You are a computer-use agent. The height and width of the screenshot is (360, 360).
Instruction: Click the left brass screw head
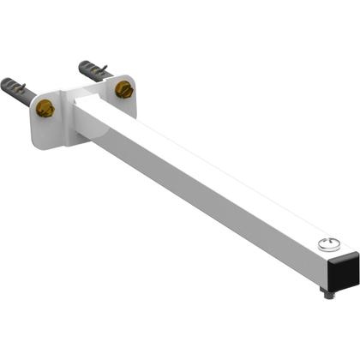click(45, 108)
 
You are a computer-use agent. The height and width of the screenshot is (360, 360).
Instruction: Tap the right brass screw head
click(124, 89)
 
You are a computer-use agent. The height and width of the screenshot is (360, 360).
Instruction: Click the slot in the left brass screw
click(45, 108)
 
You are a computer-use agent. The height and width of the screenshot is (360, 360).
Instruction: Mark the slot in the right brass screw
click(124, 89)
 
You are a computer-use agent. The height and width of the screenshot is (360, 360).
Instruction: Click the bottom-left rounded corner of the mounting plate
click(35, 141)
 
